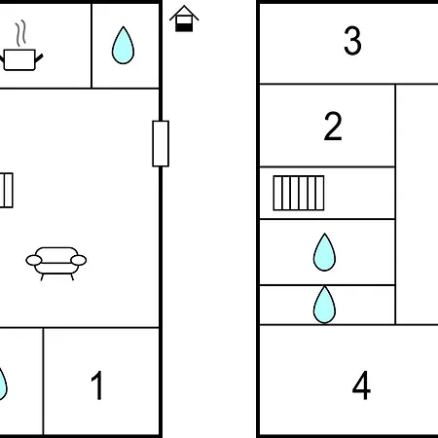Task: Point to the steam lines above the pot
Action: click(x=20, y=33)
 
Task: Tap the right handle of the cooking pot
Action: click(x=39, y=58)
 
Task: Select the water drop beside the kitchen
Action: click(x=123, y=45)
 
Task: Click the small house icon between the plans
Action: click(x=184, y=18)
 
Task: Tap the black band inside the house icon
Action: click(x=184, y=27)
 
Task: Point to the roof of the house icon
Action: click(x=184, y=13)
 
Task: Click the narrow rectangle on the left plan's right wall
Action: click(x=161, y=143)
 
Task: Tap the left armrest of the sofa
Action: click(x=34, y=260)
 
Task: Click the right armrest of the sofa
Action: click(x=79, y=260)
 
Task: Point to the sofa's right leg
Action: click(x=72, y=277)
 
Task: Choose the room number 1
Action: click(x=97, y=385)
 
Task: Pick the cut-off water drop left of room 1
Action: click(x=2, y=383)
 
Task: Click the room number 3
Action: click(x=352, y=41)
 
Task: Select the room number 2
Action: click(x=333, y=126)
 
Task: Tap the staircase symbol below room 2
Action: click(x=299, y=193)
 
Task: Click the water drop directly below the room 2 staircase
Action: click(x=324, y=252)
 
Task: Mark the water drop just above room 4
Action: click(x=324, y=305)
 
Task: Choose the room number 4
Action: click(x=361, y=385)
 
